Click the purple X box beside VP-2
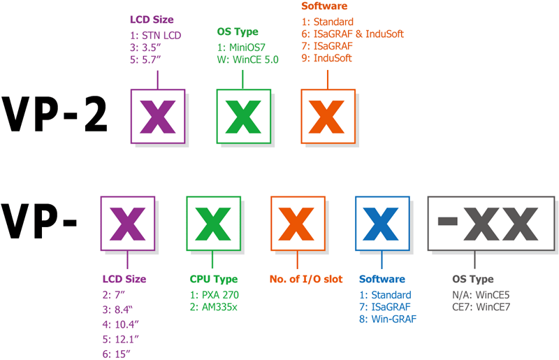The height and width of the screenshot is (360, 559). click(x=158, y=116)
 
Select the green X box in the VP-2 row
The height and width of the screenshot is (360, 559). click(x=244, y=116)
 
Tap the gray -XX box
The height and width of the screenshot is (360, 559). click(x=491, y=224)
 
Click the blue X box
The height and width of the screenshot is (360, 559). click(x=382, y=224)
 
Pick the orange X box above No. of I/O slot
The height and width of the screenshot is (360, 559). click(x=298, y=224)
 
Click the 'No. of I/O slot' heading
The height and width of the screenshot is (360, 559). click(x=306, y=279)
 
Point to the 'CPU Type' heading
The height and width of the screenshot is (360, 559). click(x=214, y=279)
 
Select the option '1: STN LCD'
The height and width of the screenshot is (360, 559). click(x=155, y=36)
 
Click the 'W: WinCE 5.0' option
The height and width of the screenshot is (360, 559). click(x=248, y=59)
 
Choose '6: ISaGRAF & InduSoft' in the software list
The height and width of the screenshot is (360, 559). click(x=353, y=34)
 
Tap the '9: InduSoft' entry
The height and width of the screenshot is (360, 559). click(x=326, y=58)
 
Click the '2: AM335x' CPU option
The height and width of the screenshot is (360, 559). click(x=213, y=307)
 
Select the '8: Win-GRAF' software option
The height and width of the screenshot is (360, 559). click(x=388, y=319)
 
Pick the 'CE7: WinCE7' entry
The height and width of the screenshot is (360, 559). click(x=481, y=307)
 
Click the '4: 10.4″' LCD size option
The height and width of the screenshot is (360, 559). click(x=120, y=324)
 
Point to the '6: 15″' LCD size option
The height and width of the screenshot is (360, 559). click(x=116, y=354)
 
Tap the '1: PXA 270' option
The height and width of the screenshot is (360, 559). click(x=215, y=295)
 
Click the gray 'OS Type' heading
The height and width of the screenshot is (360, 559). click(x=473, y=279)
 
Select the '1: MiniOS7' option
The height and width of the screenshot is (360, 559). click(x=241, y=48)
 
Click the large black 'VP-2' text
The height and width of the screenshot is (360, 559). click(x=55, y=115)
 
